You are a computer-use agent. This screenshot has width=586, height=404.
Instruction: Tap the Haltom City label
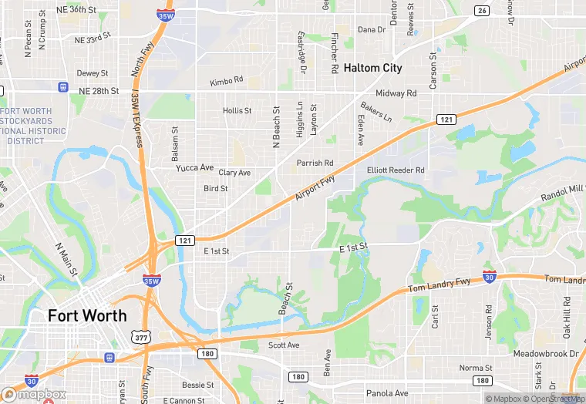372,68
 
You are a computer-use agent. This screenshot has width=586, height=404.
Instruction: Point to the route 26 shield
482,10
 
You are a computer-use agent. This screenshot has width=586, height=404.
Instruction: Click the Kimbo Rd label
226,80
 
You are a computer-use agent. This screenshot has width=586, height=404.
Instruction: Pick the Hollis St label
237,111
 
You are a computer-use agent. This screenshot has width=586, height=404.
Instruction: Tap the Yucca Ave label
194,167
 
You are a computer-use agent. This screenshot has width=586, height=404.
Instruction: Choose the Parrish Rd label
315,163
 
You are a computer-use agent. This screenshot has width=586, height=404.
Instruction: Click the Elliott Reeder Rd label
396,170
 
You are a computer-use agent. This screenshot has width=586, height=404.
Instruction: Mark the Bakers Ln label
376,113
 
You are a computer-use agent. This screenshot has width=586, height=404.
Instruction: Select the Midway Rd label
396,93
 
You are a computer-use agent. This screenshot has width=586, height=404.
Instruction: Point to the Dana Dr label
371,30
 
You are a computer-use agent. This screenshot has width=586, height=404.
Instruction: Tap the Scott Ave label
283,345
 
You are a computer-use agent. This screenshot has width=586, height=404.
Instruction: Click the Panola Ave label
387,393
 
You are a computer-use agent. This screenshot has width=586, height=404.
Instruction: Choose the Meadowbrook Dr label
545,354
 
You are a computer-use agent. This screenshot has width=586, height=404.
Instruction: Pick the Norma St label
476,369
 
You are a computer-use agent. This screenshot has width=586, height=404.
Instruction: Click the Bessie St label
198,385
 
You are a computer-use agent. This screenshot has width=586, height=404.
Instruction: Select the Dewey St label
93,73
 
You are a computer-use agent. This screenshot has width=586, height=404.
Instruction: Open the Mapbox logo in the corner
34,394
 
